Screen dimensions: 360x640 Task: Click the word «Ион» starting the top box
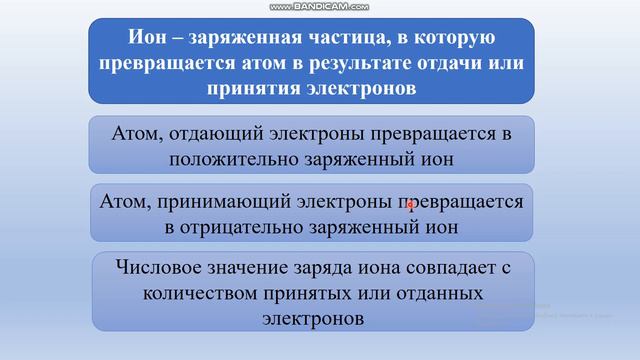[148, 39]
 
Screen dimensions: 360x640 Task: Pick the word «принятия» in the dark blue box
[244, 88]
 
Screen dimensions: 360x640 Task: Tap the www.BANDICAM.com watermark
[320, 6]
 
